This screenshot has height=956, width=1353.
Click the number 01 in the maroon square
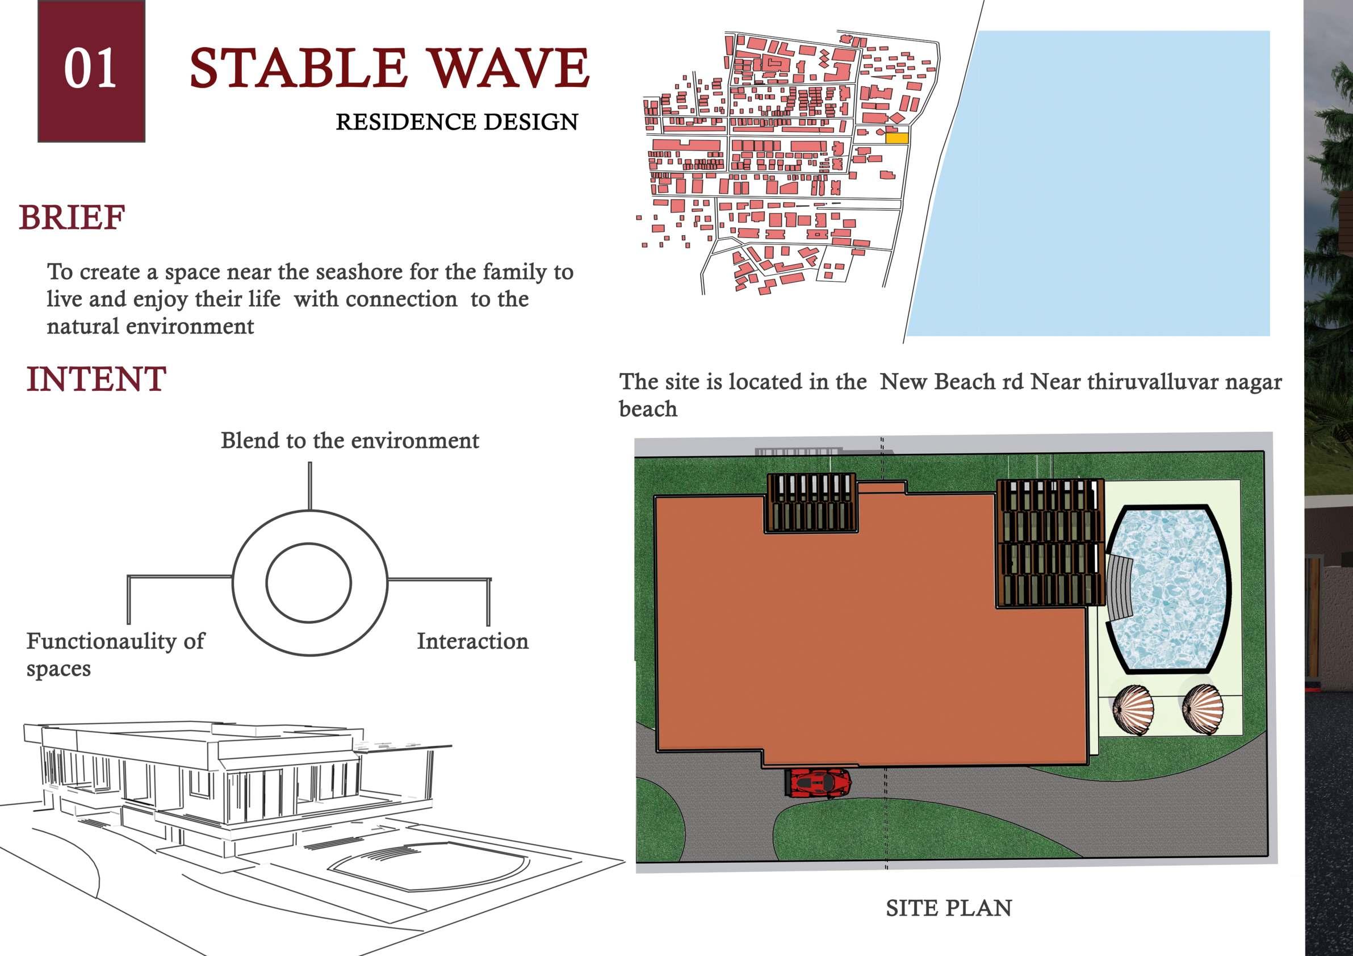click(x=90, y=69)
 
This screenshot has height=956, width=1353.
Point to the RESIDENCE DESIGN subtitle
click(x=456, y=122)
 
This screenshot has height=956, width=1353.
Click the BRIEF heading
click(x=72, y=218)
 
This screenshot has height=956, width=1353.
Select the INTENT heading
click(x=96, y=379)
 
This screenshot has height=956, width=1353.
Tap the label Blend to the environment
click(x=349, y=441)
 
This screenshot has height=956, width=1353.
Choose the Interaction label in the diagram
click(x=472, y=641)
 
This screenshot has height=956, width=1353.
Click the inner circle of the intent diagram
click(x=308, y=582)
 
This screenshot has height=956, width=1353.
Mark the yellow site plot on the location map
click(x=897, y=139)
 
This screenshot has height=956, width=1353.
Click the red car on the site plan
click(x=819, y=783)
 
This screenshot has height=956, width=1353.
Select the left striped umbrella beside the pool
click(x=1134, y=709)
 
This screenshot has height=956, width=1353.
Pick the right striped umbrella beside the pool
click(x=1203, y=709)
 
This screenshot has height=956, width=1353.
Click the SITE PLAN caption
click(x=949, y=908)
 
